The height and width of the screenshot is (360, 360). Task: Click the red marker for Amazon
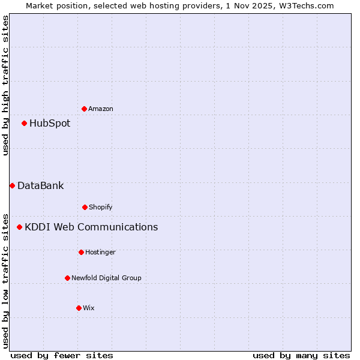pos(84,109)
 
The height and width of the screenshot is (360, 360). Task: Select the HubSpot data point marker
pos(24,124)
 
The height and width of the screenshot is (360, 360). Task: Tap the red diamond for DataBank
pos(12,185)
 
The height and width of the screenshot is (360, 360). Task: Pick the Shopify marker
pos(85,207)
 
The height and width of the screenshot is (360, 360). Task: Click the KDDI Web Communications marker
pos(19,227)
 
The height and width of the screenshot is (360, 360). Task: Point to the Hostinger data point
pos(81,252)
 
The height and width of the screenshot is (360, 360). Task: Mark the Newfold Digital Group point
pos(67,278)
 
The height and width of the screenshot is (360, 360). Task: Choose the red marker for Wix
pos(79,308)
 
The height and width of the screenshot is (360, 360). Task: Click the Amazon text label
pos(101,109)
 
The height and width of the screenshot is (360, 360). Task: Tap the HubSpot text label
pos(50,124)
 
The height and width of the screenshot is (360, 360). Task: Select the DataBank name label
pos(40,186)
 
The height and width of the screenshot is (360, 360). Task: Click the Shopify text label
pos(101,208)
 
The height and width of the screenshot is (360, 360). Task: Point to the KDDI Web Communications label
pos(91,227)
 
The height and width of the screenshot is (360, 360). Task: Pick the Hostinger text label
pos(100,253)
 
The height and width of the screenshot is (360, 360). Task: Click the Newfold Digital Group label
pos(106,278)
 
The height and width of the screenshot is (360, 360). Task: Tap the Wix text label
pos(89,308)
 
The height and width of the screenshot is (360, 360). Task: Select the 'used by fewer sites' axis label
pos(62,356)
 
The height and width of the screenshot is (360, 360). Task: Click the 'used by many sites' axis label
pos(301,356)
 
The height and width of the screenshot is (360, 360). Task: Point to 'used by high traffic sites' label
pos(5,85)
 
